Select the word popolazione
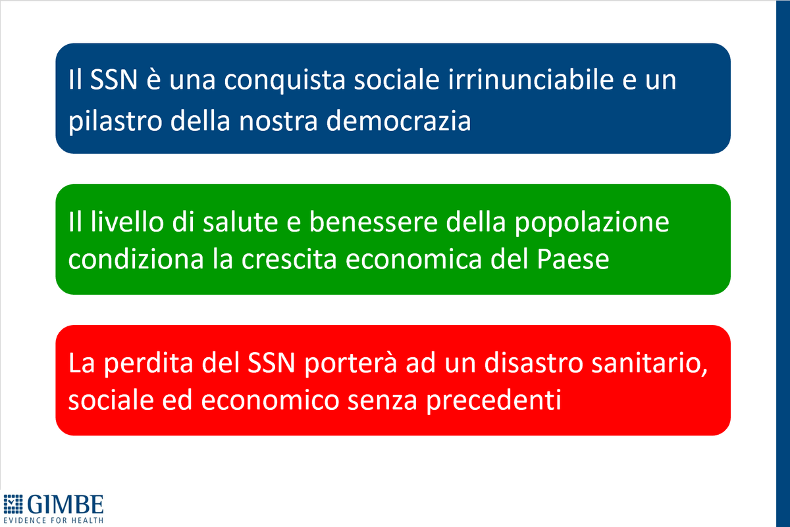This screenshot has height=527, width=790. click(591, 224)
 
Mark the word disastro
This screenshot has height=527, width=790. click(527, 364)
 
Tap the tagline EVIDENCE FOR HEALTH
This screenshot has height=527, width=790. click(53, 520)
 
